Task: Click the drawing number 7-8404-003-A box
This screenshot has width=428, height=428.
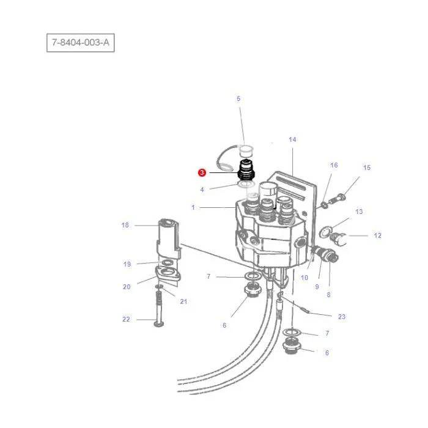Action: (x=81, y=43)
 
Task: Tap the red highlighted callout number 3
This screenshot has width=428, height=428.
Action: (x=202, y=172)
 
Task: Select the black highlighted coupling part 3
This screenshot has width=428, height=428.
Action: (x=246, y=170)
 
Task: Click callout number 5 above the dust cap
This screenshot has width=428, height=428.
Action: (x=238, y=98)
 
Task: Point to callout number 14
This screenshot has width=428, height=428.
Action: (x=292, y=140)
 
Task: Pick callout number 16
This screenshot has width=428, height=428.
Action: (x=334, y=165)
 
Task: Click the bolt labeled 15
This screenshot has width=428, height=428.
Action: (x=338, y=198)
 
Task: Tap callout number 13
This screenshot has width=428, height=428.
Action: (x=359, y=212)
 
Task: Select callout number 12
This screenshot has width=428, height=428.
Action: (x=377, y=235)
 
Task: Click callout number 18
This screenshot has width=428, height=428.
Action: (x=125, y=225)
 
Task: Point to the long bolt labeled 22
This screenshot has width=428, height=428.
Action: (x=158, y=308)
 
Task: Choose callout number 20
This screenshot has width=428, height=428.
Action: (x=127, y=287)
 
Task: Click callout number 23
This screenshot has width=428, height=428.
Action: (x=342, y=317)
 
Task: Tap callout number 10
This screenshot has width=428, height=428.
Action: (x=304, y=278)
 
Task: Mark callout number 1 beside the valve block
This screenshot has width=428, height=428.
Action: (x=193, y=207)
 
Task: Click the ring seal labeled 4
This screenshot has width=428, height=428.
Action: (x=246, y=184)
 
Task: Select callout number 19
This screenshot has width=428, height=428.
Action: (x=127, y=264)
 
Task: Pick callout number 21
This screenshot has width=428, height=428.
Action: (x=183, y=301)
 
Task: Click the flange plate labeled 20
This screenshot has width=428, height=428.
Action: (x=168, y=273)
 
